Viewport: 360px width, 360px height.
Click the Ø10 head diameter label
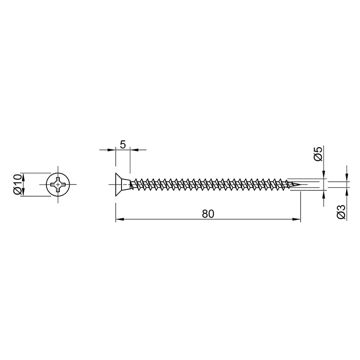point(18,184)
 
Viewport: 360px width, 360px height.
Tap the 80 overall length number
point(208,214)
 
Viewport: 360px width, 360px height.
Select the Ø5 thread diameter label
point(318,154)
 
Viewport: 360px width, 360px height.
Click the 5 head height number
point(123,145)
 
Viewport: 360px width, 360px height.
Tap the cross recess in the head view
point(58,184)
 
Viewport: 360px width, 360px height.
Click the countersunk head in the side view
point(122,184)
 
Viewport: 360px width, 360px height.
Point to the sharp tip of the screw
point(301,184)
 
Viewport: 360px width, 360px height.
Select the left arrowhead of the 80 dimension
point(120,219)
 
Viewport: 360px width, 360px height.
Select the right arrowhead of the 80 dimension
point(296,219)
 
